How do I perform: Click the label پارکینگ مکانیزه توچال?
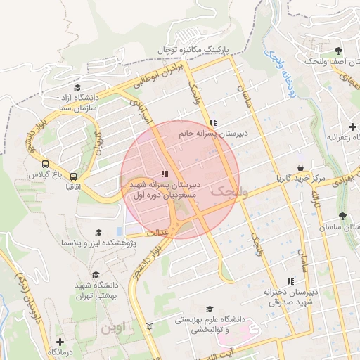[x=213, y=50]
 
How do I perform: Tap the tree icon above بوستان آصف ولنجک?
[x=339, y=51]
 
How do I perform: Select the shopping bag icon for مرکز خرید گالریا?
[x=302, y=168]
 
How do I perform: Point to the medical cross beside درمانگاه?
[x=68, y=341]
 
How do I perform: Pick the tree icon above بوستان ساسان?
[x=342, y=216]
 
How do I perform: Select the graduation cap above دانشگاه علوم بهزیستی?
[x=209, y=309]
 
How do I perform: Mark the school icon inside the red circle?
[x=165, y=173]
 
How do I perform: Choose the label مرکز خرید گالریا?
[x=301, y=179]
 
